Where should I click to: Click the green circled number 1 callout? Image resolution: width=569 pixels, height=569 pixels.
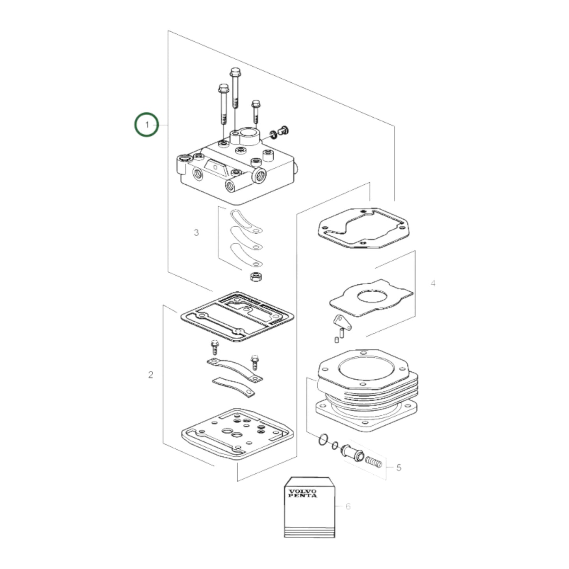(146, 125)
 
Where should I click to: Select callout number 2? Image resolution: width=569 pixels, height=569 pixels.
(150, 374)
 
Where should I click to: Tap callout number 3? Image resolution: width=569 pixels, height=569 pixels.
(196, 233)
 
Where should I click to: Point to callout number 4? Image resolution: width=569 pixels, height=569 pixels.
(433, 283)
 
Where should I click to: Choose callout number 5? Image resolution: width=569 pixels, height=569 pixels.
(398, 467)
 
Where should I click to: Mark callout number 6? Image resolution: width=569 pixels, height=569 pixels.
(348, 506)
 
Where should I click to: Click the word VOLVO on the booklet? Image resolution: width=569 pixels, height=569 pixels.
(302, 491)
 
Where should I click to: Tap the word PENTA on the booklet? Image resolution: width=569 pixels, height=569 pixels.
(302, 496)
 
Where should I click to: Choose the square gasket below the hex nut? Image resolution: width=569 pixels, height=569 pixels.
(237, 316)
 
